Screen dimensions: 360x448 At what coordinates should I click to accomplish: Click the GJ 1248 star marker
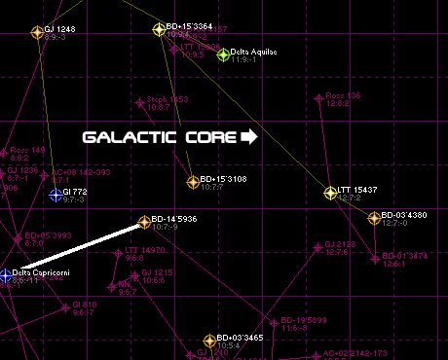[x=38, y=31]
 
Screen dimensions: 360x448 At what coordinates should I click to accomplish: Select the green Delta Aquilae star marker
[x=223, y=54]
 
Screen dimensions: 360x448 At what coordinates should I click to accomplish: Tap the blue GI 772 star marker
[x=56, y=194]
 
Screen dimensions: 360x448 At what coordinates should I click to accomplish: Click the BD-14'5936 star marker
[x=145, y=222]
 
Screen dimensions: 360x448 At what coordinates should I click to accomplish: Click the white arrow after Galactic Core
[x=248, y=137]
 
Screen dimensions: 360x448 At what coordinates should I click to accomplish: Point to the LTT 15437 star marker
[x=330, y=192]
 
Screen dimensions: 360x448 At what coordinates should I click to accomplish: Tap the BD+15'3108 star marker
[x=193, y=181]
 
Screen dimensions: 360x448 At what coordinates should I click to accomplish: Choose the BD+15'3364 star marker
[x=159, y=29]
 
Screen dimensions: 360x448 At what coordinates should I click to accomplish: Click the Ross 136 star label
[x=343, y=95]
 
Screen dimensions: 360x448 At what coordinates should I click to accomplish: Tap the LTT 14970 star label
[x=145, y=250]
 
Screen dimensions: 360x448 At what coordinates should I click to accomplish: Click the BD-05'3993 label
[x=48, y=234]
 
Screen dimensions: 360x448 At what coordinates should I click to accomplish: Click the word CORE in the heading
[x=209, y=137]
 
